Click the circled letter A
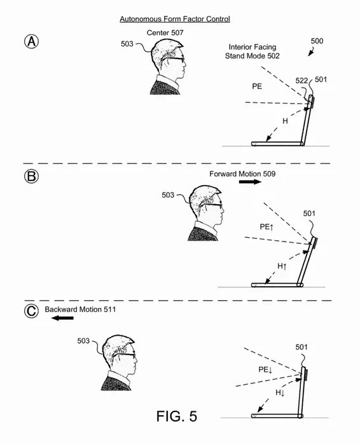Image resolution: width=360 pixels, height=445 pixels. pyautogui.click(x=31, y=41)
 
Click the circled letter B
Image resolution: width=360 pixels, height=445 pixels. pyautogui.click(x=31, y=176)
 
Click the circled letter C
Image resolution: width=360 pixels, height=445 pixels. pyautogui.click(x=31, y=311)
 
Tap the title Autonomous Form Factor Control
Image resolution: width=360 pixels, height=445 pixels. pyautogui.click(x=175, y=19)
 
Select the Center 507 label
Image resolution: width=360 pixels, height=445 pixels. pyautogui.click(x=165, y=32)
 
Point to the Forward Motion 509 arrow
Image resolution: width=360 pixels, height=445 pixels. pyautogui.click(x=250, y=182)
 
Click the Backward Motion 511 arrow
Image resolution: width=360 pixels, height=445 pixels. pyautogui.click(x=62, y=318)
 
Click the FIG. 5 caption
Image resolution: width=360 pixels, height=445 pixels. pyautogui.click(x=177, y=416)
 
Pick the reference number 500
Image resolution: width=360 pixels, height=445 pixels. pyautogui.click(x=317, y=41)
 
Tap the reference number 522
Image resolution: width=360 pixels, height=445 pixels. pyautogui.click(x=301, y=81)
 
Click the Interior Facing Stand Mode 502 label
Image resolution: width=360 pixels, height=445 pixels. pyautogui.click(x=253, y=51)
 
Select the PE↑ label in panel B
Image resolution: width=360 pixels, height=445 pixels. pyautogui.click(x=267, y=227)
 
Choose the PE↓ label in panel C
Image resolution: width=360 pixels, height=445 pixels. pyautogui.click(x=265, y=369)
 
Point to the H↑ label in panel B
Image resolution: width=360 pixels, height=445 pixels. pyautogui.click(x=282, y=266)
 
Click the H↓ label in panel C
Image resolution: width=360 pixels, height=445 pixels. pyautogui.click(x=280, y=393)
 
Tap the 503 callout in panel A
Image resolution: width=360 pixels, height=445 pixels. pyautogui.click(x=127, y=44)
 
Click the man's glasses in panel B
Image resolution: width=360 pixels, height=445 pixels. pyautogui.click(x=211, y=205)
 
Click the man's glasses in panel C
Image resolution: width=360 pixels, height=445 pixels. pyautogui.click(x=124, y=355)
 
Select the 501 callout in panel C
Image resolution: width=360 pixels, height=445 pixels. pyautogui.click(x=301, y=347)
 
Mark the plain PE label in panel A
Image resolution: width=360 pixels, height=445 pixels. pyautogui.click(x=257, y=86)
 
